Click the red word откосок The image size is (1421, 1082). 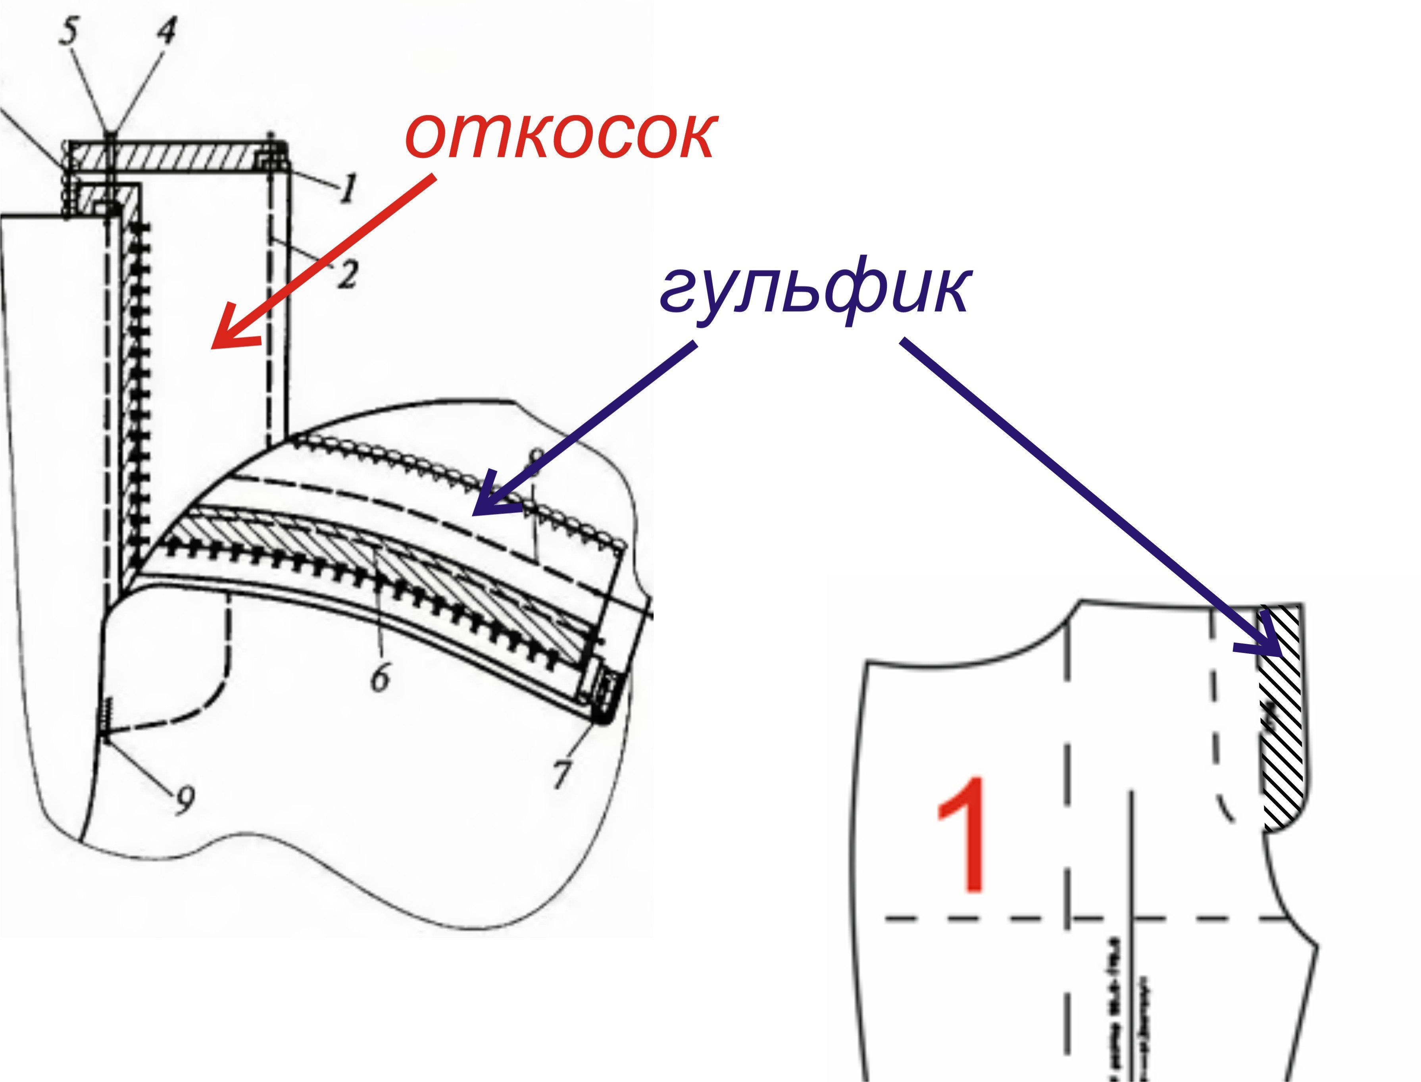(559, 136)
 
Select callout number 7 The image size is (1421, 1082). (561, 773)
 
